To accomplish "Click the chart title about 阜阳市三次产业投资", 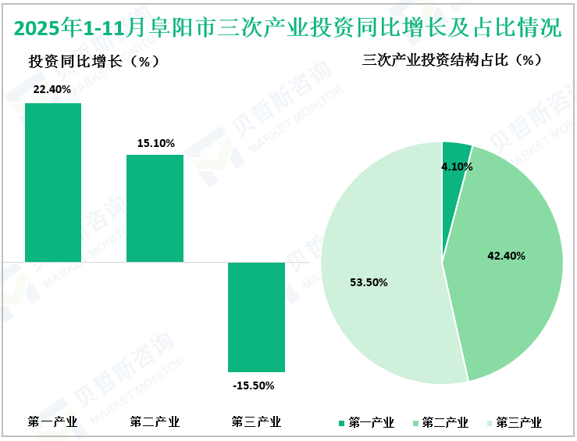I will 288,28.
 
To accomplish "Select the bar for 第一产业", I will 53,182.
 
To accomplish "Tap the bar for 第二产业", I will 155,208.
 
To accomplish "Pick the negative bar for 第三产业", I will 256,317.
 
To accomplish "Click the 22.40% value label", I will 52,89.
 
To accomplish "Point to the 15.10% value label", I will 155,143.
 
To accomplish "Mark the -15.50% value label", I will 254,385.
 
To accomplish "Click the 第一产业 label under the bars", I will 52,422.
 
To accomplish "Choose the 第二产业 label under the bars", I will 155,422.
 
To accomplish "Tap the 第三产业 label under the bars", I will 256,422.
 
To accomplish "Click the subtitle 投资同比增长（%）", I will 94,62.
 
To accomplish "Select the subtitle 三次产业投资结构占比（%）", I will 452,60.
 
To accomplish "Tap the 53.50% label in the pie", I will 369,282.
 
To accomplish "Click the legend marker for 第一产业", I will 341,423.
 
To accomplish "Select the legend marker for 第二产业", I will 415,423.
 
